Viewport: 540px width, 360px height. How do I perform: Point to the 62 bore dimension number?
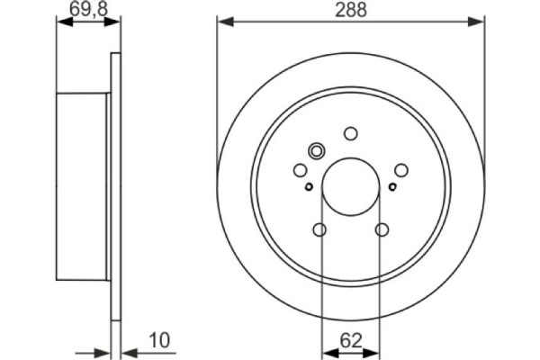351,340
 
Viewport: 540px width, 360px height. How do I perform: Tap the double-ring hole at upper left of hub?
317,151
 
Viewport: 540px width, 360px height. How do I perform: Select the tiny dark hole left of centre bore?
309,187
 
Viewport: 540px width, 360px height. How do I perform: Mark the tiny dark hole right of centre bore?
392,187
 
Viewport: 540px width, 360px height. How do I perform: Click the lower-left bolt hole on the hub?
319,230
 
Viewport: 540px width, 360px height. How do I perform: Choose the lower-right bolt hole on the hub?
382,230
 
